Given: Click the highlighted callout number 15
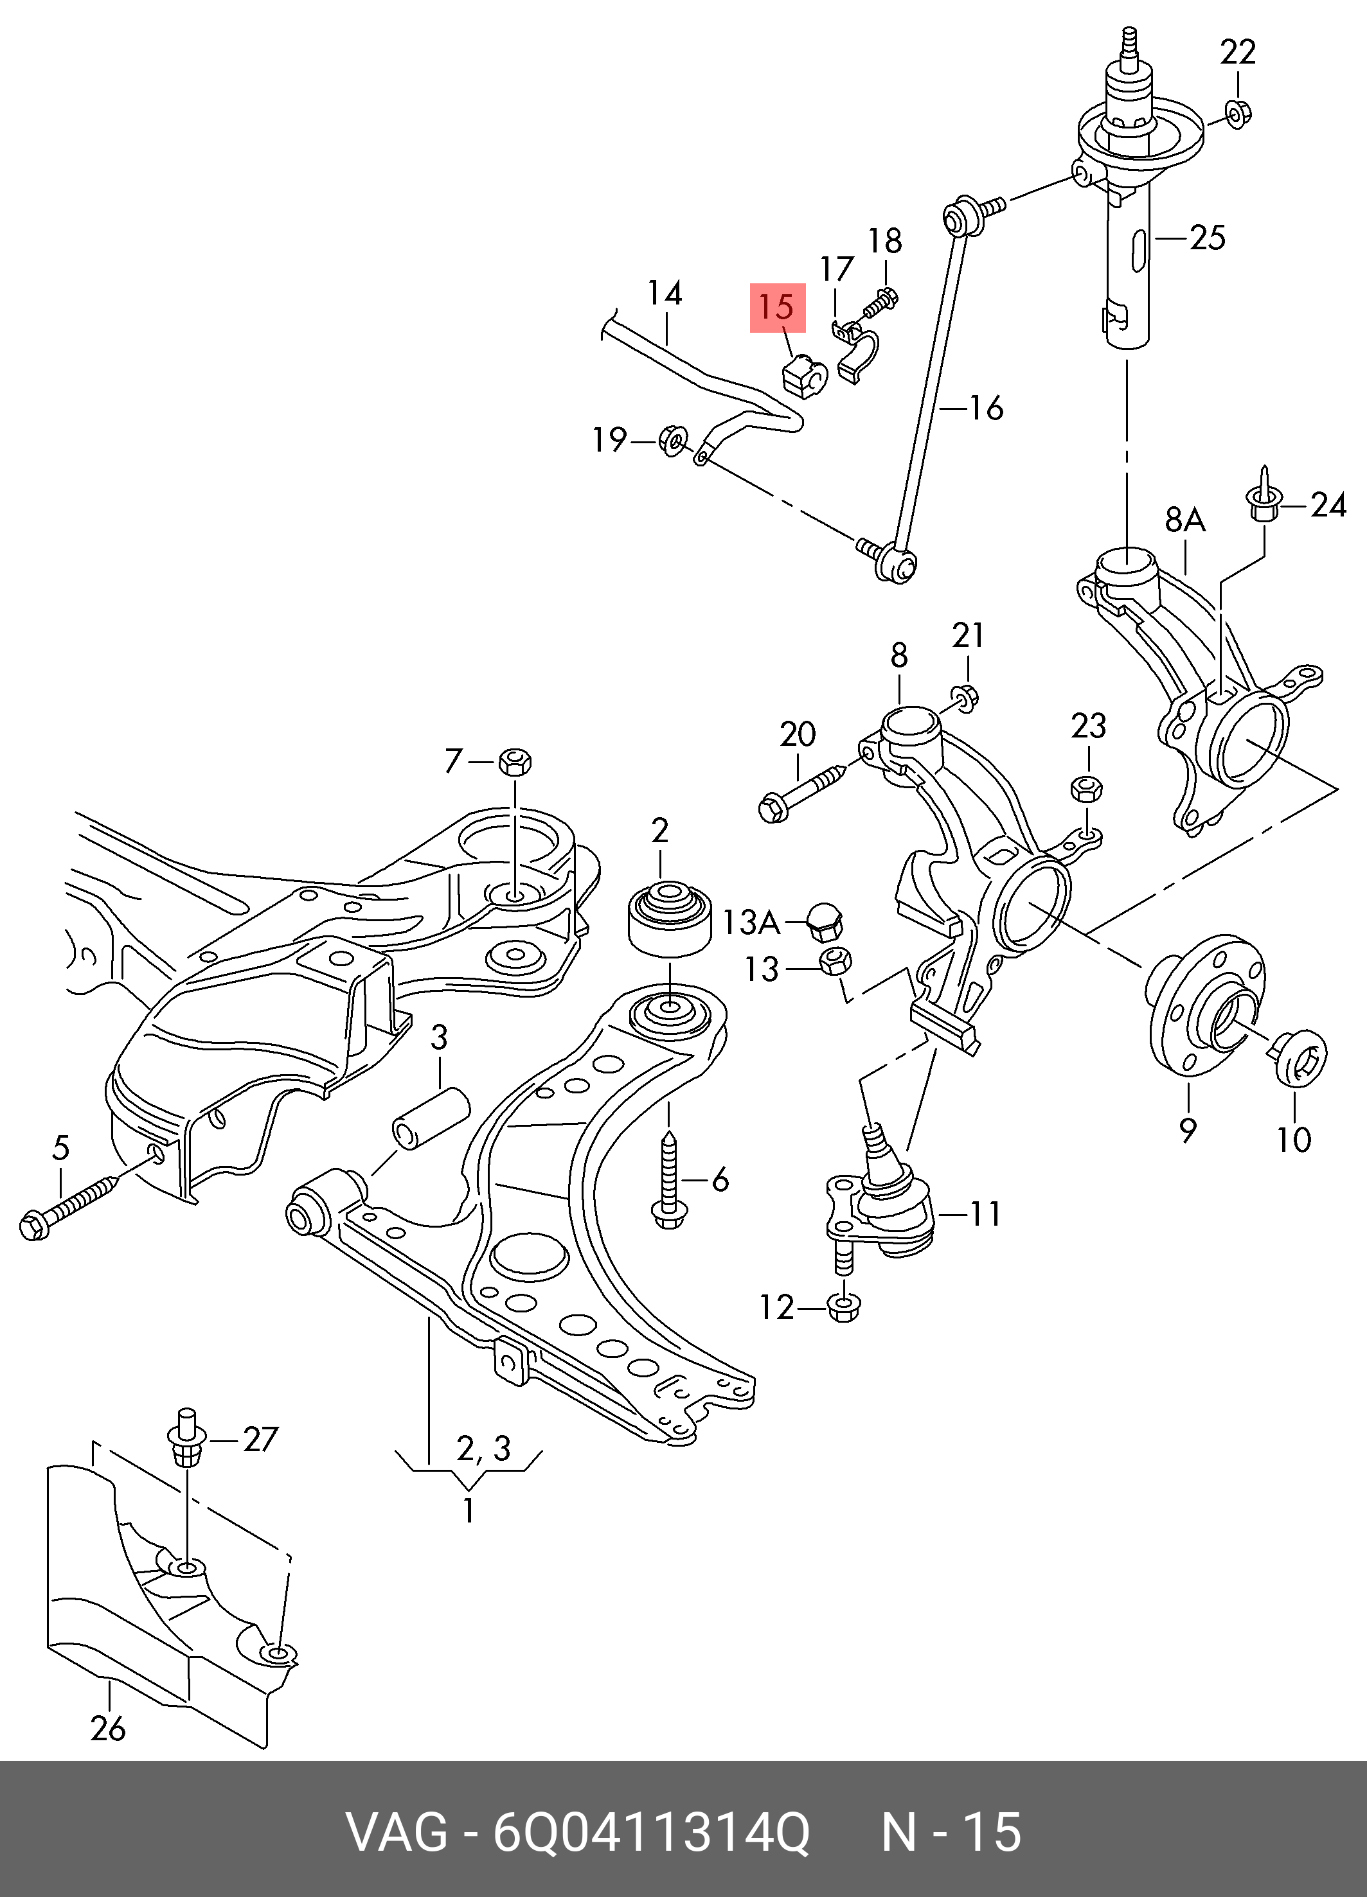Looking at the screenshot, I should coord(777,308).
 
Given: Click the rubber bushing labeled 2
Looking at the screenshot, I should coord(668,920).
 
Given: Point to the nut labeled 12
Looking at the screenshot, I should coord(843,1307).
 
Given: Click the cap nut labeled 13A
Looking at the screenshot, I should coord(824,921).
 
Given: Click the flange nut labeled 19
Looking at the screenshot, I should coord(674,440).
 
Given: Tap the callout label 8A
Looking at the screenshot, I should coord(1184,521).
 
